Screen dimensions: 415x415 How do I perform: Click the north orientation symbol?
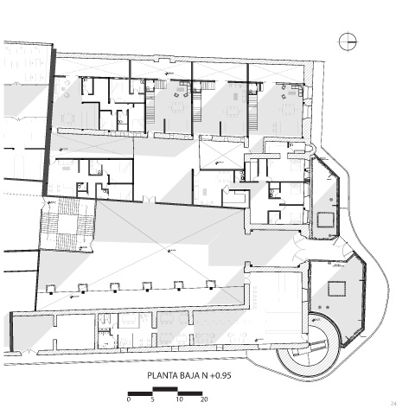pos(348,41)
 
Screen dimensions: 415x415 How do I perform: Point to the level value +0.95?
pos(220,376)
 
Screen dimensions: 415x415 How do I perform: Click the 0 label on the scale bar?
pos(129,399)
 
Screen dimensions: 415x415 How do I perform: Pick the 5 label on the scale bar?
pos(152,399)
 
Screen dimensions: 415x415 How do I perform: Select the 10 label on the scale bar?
pos(179,399)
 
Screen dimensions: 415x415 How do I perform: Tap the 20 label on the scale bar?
pos(204,399)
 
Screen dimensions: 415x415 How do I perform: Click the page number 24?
pos(393,404)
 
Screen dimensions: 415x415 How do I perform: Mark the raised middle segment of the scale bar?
pos(165,389)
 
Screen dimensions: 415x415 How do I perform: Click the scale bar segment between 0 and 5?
pos(140,393)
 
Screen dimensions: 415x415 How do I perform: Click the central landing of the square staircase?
pos(68,224)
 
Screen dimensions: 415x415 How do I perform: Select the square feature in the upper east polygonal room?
pos(325,220)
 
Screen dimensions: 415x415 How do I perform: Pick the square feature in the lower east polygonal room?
pos(336,289)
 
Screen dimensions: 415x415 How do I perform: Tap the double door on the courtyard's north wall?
pos(149,199)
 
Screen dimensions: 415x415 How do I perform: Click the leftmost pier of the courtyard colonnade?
pos(51,289)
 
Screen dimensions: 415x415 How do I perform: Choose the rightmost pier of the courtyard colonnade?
pos(211,284)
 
